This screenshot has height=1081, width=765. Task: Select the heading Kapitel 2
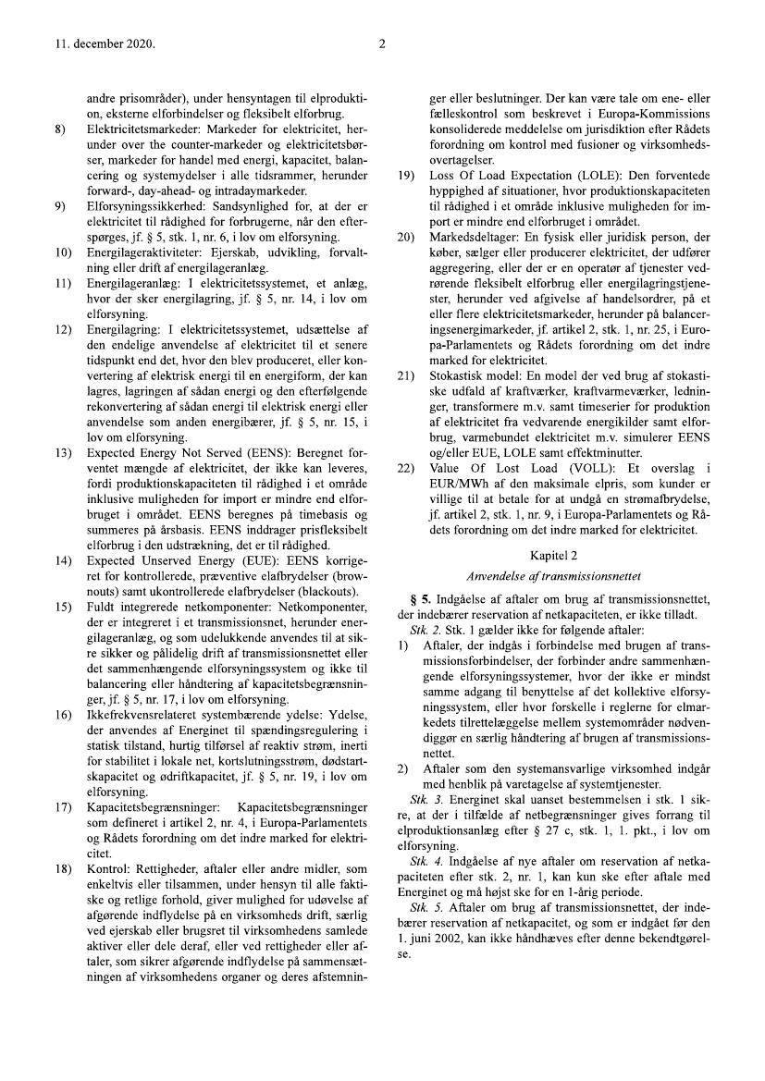tap(553, 555)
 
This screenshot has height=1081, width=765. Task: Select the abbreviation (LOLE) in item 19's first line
tap(585, 176)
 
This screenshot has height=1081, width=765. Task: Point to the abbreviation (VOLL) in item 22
tap(579, 468)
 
